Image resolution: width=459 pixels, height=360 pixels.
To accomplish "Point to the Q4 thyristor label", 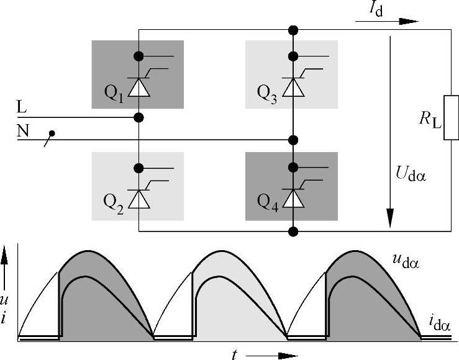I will [x=269, y=202].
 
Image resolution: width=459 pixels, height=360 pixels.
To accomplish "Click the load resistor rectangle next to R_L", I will [x=451, y=117].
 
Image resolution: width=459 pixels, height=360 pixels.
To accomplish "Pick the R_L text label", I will [x=430, y=119].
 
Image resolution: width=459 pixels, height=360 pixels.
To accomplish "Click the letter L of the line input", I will [x=22, y=108].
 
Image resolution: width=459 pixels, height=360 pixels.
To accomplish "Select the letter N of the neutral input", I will [x=23, y=131].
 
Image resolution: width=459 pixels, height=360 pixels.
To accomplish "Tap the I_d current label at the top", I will [x=375, y=9].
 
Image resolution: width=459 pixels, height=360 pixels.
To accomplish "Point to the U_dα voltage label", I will [x=412, y=173].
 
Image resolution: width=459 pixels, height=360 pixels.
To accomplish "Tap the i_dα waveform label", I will [x=439, y=322].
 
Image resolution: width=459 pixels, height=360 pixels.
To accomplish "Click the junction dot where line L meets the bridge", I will [x=139, y=117].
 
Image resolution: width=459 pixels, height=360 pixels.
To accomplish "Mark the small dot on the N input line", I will [x=53, y=133].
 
